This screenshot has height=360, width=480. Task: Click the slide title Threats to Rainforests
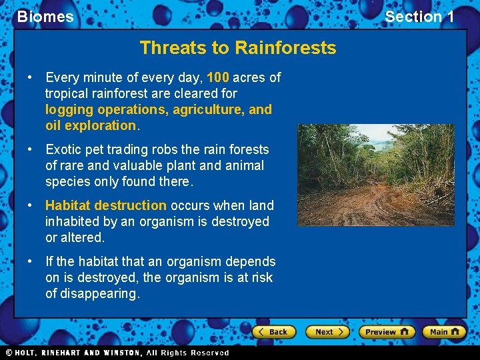[x=238, y=48]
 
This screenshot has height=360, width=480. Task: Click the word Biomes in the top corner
[x=45, y=17]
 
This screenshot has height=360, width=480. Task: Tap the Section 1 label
[x=419, y=17]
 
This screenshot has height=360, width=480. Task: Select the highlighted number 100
[x=218, y=77]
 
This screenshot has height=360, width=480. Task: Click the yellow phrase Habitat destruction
[x=106, y=205]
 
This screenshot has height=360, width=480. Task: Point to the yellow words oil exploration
[x=90, y=125]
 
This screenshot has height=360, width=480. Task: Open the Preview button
[x=386, y=331]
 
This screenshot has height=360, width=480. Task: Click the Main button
[x=445, y=331]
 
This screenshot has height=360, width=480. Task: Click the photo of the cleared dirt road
[x=375, y=175]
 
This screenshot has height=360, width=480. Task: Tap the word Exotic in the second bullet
[x=64, y=149]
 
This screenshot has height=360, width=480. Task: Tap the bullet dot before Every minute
[x=31, y=78]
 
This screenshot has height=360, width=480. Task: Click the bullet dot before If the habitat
[x=31, y=262]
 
